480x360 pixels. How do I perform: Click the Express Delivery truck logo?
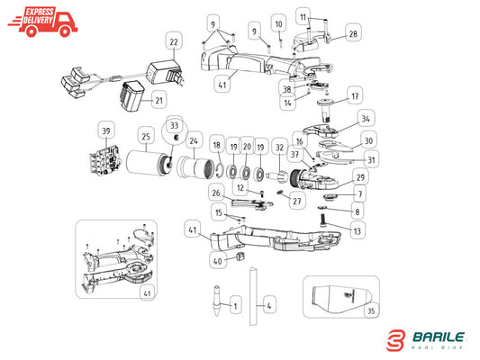pos(42,22)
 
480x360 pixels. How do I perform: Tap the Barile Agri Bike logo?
pos(426,340)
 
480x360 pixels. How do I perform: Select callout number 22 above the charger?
pos(174,41)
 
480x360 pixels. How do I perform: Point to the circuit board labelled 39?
pos(104,159)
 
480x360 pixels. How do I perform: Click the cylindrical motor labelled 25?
pos(149,163)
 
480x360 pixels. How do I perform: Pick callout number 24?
pos(194,141)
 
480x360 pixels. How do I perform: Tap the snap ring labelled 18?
pos(218,171)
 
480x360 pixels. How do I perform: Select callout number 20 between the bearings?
pos(247,147)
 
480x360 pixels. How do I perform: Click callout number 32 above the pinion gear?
pos(279,148)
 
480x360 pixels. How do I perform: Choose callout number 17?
pos(355,96)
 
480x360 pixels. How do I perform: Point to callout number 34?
pos(366,119)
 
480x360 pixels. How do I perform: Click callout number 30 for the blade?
pos(368,140)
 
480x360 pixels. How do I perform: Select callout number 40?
pos(218,261)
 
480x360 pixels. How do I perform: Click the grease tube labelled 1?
pos(217,301)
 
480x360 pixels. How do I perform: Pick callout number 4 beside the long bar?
pos(268,305)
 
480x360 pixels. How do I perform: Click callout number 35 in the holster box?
pos(371,310)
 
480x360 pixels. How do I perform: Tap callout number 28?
pos(353,33)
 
